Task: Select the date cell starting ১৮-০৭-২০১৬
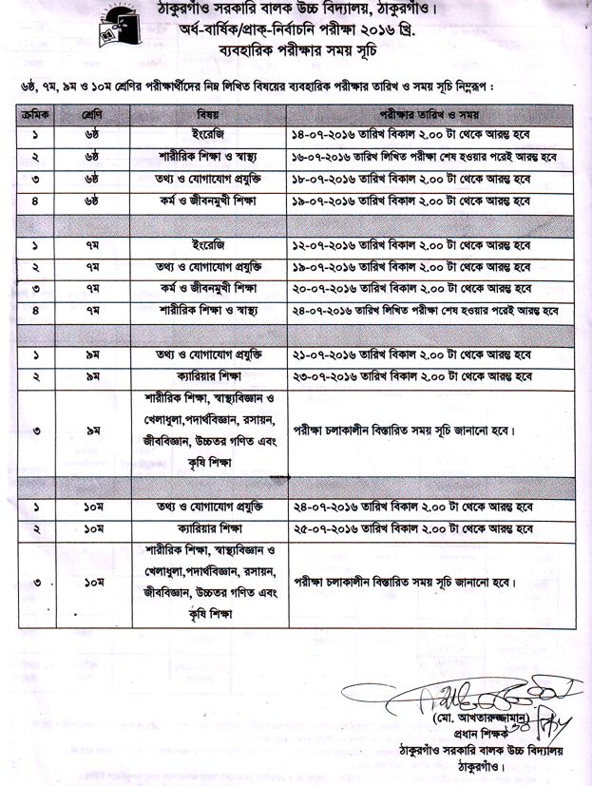coord(414,178)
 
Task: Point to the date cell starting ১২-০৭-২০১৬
coord(414,245)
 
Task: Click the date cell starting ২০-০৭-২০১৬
coord(414,288)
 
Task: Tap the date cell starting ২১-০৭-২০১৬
coord(414,355)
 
